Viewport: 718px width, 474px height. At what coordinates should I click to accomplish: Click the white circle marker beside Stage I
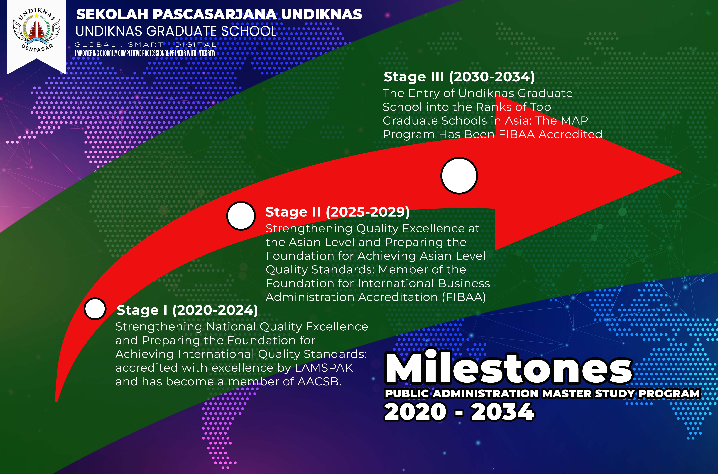[95, 309]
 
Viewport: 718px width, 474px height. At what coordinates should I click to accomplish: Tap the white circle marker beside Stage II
[241, 216]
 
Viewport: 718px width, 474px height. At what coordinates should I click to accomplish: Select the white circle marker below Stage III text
[459, 176]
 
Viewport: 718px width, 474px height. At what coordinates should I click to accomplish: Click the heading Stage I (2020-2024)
[187, 310]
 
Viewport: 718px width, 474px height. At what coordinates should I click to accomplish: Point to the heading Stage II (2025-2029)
[337, 212]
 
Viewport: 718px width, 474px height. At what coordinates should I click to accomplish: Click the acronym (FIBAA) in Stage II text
[464, 297]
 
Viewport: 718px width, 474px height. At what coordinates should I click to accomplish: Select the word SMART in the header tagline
[146, 45]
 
